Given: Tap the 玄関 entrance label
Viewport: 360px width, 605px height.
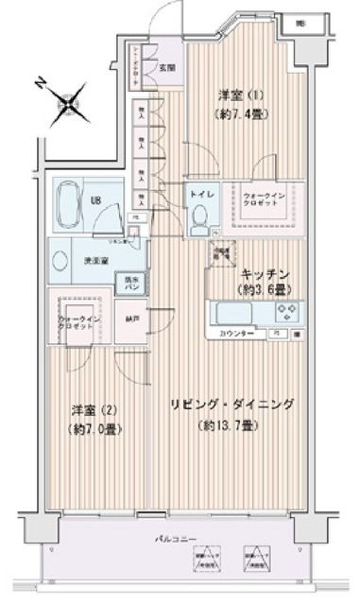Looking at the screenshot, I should (x=166, y=67).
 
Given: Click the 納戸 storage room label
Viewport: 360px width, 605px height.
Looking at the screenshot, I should (x=130, y=320).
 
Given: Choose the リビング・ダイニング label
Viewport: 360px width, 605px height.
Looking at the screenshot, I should (x=231, y=405).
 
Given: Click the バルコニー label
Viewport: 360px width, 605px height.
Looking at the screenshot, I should (x=177, y=539).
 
